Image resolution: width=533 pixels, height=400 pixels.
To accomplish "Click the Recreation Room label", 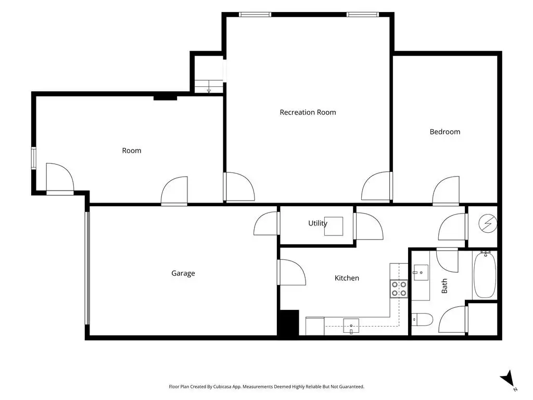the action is pos(308,113).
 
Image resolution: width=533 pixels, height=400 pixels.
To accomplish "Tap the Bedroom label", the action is pos(445,132).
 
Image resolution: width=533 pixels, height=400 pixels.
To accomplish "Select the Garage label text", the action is pos(183,273).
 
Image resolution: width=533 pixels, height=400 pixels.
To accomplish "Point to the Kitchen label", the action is pos(347,278).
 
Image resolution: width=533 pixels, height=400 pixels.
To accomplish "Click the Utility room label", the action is pos(318,223).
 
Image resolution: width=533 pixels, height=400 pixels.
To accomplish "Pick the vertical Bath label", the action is pos(445,286).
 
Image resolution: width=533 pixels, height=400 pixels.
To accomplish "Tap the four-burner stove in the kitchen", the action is pos(399,289).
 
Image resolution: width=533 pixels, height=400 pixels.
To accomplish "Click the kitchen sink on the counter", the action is pos(351,327).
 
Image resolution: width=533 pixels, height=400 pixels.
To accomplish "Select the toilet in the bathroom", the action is pos(422,319).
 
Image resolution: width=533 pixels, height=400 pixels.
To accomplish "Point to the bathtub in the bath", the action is pos(485,275).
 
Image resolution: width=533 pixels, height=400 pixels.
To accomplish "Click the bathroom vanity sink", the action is pos(421,272).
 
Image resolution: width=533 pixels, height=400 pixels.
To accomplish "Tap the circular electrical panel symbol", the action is pos(488,223).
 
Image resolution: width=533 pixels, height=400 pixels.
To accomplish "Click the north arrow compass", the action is pos(508,379).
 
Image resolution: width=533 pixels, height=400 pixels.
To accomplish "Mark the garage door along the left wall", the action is pos(87,268).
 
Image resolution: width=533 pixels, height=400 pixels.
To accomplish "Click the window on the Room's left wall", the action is pos(34,158).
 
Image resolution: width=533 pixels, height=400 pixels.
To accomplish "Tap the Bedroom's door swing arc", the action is pos(446,190).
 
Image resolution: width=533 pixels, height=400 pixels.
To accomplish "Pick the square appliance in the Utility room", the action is pos(334,226).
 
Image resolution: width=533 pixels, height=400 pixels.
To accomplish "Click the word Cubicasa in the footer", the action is pos(222,387).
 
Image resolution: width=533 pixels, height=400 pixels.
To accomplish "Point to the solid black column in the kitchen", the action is pos(288,322).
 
